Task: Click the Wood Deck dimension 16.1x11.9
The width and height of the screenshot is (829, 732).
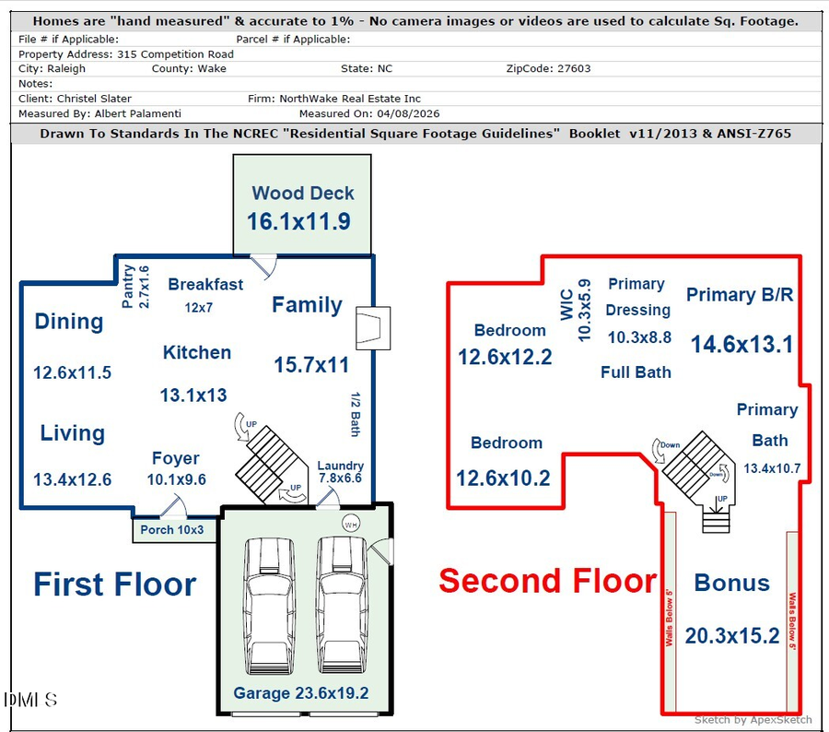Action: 298,221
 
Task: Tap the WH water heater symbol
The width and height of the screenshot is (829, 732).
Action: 350,523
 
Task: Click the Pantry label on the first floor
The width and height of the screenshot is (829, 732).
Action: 129,286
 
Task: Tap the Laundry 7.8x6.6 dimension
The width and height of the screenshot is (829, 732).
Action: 340,478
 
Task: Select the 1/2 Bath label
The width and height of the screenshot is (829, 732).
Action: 356,414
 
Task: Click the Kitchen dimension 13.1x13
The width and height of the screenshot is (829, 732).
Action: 193,396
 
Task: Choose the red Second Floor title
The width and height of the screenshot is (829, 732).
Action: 547,581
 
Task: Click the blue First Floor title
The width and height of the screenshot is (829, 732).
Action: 115,584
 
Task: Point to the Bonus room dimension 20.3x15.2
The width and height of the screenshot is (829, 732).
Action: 732,635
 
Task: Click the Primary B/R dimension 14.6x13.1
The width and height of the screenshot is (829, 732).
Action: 741,344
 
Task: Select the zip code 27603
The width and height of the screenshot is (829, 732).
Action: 570,68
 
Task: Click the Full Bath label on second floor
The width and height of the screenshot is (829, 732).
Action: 636,372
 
